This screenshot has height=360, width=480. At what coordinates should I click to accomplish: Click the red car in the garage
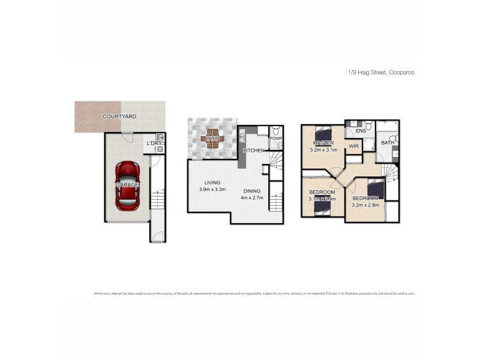click(x=127, y=185)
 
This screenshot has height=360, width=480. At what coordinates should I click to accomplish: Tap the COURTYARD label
click(x=119, y=116)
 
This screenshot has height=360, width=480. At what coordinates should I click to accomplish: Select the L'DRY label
click(x=154, y=143)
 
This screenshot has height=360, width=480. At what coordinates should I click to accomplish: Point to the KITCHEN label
click(x=253, y=150)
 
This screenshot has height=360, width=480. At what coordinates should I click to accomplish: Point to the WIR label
click(x=353, y=146)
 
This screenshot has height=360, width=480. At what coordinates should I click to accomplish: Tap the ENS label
click(x=361, y=130)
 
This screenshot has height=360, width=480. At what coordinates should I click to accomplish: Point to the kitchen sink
click(x=242, y=138)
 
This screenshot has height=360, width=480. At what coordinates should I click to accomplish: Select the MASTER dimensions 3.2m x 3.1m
click(x=324, y=151)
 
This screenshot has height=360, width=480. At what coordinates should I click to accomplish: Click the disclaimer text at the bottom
click(x=254, y=293)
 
